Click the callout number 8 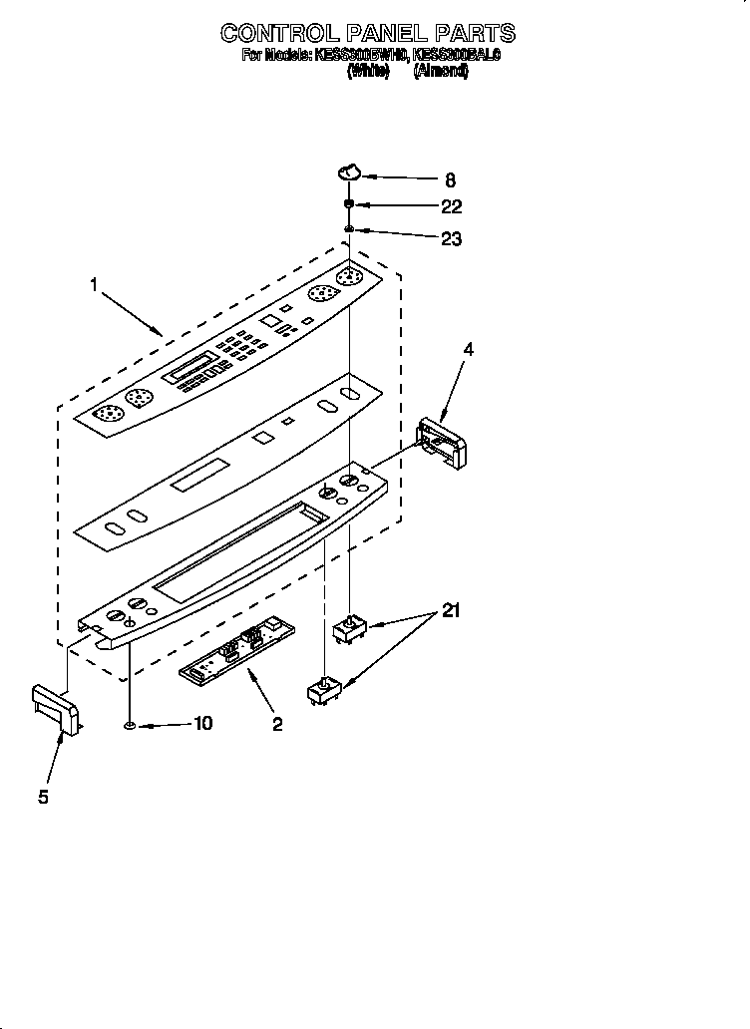click(450, 180)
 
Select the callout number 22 click(452, 207)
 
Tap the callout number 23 click(452, 238)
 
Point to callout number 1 click(94, 285)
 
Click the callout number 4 click(468, 349)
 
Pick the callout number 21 click(451, 611)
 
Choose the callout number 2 click(277, 725)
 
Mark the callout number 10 click(202, 724)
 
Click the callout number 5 click(43, 797)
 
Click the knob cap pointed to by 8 click(348, 172)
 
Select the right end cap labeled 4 click(441, 440)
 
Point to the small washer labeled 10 click(131, 724)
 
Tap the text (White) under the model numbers click(368, 73)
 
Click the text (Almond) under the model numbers click(441, 73)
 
